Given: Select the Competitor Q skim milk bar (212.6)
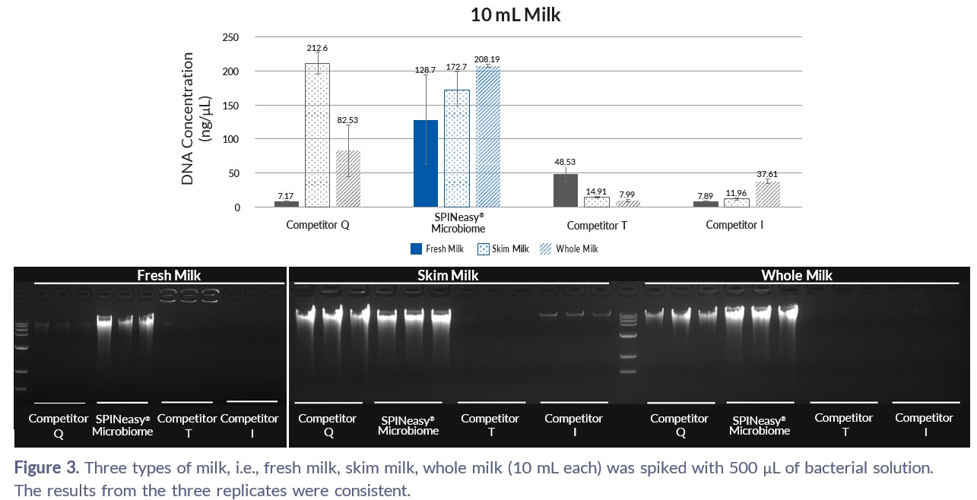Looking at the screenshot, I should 317,135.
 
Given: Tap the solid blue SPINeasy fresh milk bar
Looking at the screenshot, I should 426,163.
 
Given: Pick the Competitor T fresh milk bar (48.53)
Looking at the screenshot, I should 565,190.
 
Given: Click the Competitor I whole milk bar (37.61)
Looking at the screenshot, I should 767,194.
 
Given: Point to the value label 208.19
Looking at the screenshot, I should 488,59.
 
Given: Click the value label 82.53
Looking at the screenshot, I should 348,120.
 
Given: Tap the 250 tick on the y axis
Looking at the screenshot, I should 229,37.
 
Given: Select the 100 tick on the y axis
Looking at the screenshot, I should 229,139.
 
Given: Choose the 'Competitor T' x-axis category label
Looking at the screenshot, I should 597,226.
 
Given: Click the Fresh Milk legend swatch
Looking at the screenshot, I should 416,248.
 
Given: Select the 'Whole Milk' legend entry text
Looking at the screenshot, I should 576,248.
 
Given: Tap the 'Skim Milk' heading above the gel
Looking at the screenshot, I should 448,275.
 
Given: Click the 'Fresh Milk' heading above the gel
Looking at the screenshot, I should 169,275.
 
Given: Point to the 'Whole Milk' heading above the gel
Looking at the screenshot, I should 796,275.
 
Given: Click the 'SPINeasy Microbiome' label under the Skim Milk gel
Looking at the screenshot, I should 408,425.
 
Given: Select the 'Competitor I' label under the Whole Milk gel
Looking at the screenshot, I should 924,424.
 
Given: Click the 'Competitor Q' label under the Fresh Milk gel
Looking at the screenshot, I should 58,426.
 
